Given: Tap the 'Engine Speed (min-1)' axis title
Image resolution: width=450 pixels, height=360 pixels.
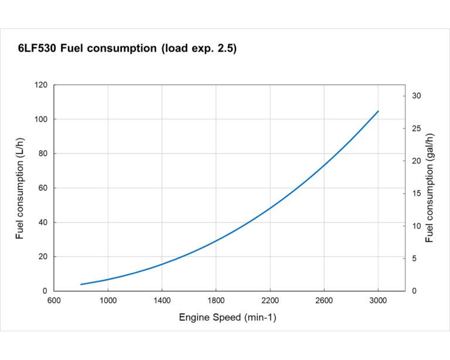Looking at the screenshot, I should point(227,318).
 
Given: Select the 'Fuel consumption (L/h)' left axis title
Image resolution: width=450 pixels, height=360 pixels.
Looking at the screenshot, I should point(21,188).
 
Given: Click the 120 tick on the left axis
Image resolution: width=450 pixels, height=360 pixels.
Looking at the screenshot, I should point(40,85).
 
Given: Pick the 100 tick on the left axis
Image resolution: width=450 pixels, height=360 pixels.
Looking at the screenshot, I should point(40,120).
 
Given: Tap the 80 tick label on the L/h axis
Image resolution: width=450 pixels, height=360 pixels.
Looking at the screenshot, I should point(42,154).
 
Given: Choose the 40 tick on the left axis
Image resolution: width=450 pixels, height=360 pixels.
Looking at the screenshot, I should point(42,222).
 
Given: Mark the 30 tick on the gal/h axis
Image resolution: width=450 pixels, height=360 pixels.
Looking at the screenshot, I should point(417,96).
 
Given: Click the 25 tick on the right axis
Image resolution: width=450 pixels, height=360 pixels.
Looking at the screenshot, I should point(417,128).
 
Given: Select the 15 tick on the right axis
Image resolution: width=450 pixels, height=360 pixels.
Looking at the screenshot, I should point(417,193).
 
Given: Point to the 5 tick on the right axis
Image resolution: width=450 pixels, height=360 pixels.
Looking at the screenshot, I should point(415,259).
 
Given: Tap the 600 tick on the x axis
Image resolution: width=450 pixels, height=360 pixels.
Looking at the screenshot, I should point(54,301).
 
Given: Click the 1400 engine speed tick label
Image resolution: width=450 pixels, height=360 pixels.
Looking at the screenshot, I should point(162,301).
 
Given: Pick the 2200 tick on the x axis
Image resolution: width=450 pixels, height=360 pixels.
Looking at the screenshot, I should point(270,301).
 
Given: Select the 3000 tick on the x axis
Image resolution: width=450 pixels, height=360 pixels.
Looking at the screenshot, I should point(378,301).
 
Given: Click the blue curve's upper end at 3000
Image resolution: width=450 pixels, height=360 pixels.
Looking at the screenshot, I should point(378,111).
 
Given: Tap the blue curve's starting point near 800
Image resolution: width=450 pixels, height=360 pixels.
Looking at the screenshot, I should point(81,284).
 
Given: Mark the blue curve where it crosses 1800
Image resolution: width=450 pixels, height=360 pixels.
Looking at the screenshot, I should point(216,240).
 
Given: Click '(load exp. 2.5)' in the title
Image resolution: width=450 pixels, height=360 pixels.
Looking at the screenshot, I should point(199,49).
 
